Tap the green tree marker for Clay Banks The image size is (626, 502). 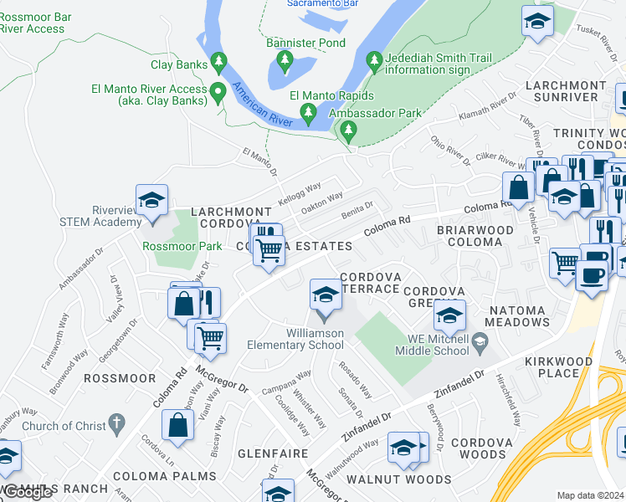coord(219,60)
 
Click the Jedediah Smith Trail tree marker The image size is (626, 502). coord(373,59)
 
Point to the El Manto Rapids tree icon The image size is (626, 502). coord(308,112)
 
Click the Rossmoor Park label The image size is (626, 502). coord(182,246)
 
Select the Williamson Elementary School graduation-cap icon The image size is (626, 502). coord(326,295)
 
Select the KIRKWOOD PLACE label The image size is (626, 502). coord(559,367)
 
